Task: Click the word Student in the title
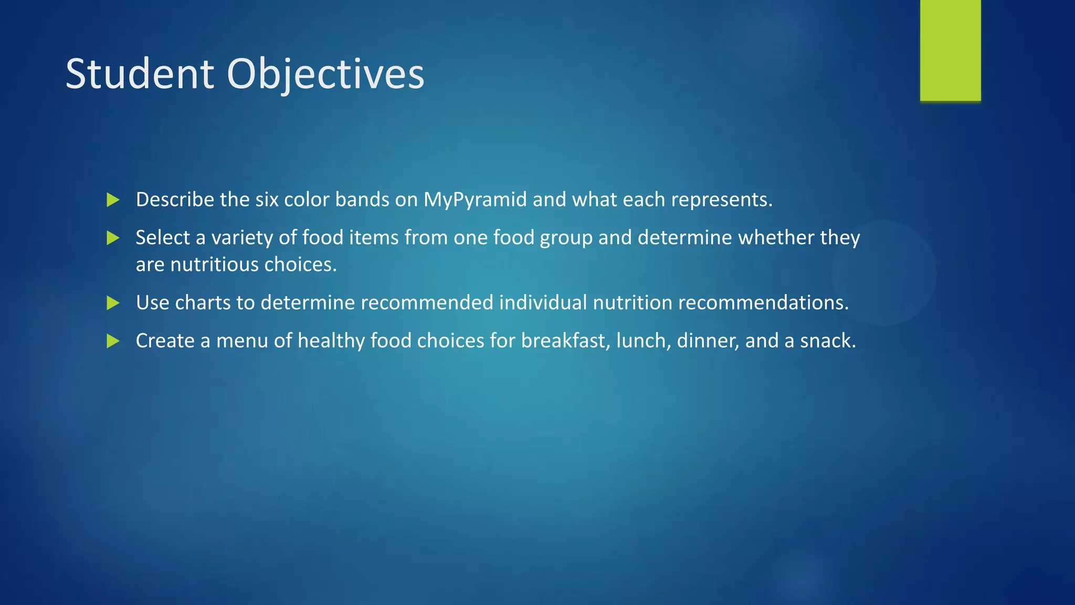click(140, 74)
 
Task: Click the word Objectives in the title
click(325, 74)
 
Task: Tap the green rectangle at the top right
click(950, 50)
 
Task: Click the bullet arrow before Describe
click(113, 200)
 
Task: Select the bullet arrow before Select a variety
click(113, 238)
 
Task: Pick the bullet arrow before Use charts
click(113, 303)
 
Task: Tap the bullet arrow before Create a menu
click(113, 341)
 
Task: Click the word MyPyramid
click(475, 200)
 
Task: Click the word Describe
click(175, 200)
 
